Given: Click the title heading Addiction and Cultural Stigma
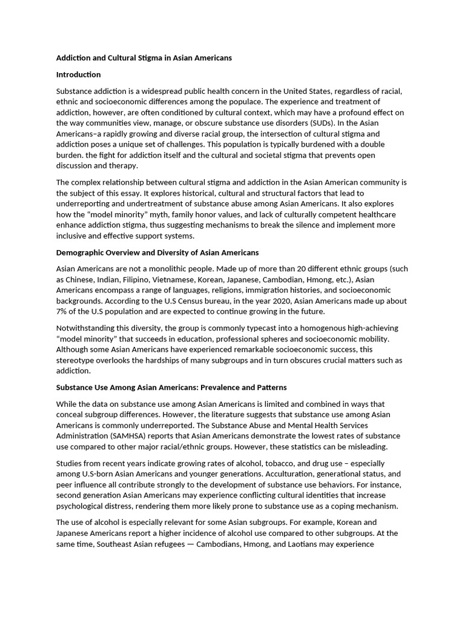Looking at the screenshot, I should tap(143, 58).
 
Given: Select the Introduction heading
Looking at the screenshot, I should tap(78, 74).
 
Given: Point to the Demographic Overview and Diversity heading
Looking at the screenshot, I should tap(157, 252).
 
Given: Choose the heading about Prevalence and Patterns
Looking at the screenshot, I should tap(171, 387).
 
